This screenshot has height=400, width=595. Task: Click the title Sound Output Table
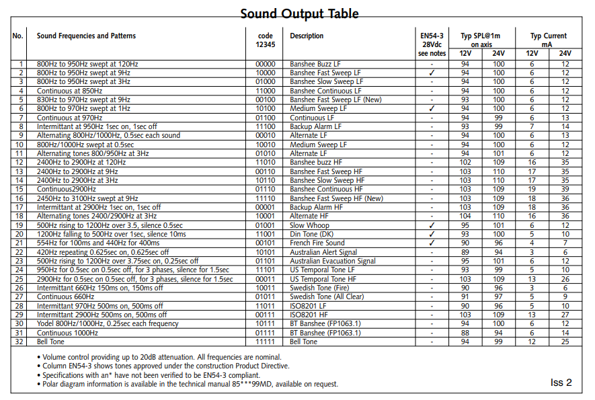point(299,13)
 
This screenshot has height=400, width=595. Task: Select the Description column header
point(307,36)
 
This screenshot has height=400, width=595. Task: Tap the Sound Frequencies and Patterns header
point(86,36)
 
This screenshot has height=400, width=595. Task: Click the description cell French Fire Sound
point(317,243)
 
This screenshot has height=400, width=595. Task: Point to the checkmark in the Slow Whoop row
point(432,225)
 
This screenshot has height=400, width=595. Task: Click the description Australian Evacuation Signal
point(333,262)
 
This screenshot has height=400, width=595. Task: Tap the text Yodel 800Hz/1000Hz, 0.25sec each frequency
point(107,324)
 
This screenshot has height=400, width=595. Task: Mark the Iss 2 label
point(561,383)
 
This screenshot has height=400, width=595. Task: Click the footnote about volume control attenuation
point(161,357)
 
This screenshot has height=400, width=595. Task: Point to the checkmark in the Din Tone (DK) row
point(432,235)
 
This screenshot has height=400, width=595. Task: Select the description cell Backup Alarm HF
point(316,208)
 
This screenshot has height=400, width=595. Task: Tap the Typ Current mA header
point(548,40)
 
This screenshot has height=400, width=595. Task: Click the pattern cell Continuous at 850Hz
point(70,91)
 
